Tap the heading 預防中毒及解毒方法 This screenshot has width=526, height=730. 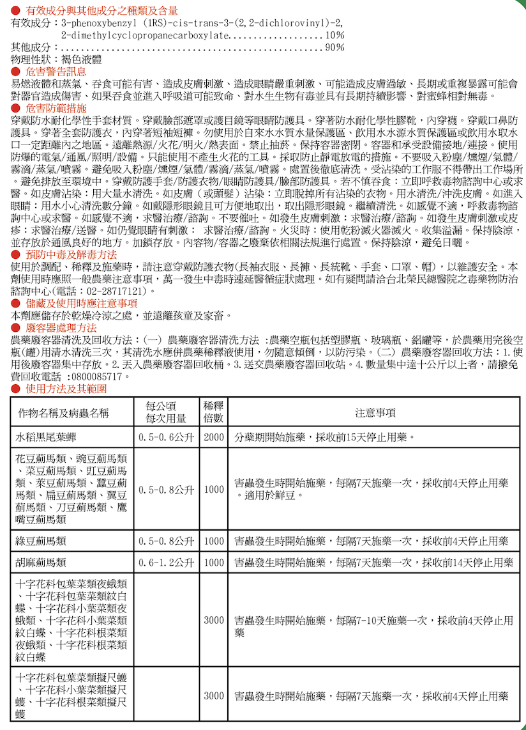click(x=71, y=254)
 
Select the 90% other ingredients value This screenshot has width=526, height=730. click(x=334, y=47)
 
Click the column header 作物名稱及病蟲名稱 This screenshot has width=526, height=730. click(x=64, y=413)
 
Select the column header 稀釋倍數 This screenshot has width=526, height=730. click(x=214, y=413)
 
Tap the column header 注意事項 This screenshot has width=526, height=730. click(x=375, y=413)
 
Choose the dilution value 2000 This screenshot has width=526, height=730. click(x=214, y=438)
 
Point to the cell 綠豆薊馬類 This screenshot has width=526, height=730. click(x=41, y=541)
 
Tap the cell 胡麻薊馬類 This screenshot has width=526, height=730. click(x=41, y=563)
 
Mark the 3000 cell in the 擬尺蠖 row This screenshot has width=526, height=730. click(x=214, y=695)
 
